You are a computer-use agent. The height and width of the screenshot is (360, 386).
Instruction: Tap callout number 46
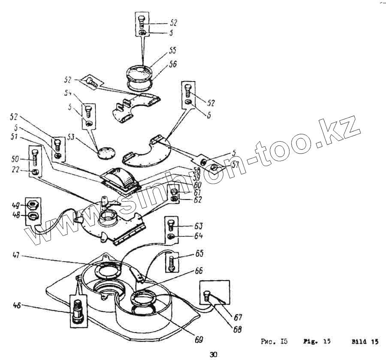click(16, 305)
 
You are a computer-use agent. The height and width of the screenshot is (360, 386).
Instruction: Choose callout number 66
click(198, 271)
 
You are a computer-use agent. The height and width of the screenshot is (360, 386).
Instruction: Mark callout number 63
click(198, 226)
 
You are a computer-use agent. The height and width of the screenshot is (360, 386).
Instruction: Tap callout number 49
click(17, 205)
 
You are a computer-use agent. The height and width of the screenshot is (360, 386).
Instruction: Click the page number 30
click(213, 354)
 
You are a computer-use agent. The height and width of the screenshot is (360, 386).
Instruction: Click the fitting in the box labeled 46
click(77, 310)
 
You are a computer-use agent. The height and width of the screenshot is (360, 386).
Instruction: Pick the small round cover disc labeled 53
click(107, 151)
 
